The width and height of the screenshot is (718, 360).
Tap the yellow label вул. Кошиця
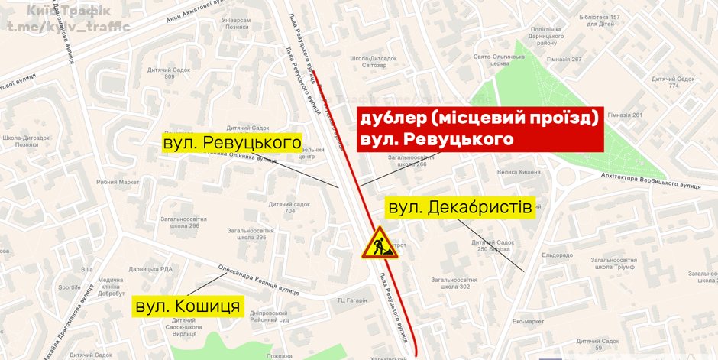click(x=188, y=306)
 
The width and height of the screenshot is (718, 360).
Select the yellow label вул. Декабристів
click(x=460, y=208)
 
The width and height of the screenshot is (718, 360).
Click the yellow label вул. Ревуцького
click(x=232, y=143)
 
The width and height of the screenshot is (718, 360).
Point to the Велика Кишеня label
click(x=519, y=173)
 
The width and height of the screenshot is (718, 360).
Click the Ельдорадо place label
click(x=557, y=255)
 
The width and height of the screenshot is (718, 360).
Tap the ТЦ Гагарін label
click(x=352, y=301)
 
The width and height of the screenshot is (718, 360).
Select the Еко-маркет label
click(x=528, y=322)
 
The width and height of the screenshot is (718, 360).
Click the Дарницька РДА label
click(x=150, y=269)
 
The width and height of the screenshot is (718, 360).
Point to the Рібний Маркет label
click(x=118, y=182)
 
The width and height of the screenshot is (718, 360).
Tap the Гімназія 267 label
click(x=564, y=59)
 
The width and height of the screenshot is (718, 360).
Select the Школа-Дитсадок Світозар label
click(x=368, y=62)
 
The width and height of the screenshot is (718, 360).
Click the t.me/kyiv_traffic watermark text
click(x=69, y=27)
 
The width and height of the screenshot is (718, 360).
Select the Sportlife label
click(x=69, y=287)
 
